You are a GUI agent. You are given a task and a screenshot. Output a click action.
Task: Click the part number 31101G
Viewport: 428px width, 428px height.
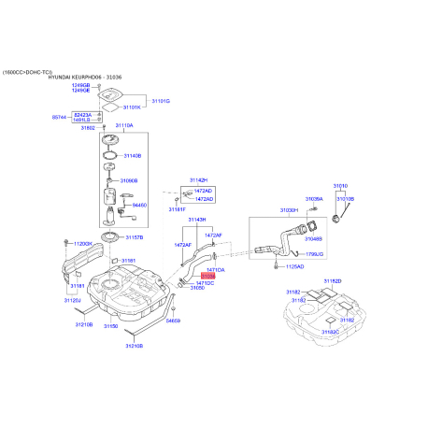pos(161,100)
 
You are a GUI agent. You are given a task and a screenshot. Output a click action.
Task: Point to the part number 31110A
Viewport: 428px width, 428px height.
pos(123,125)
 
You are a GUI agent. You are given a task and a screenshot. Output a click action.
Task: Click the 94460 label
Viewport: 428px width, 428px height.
pos(140,205)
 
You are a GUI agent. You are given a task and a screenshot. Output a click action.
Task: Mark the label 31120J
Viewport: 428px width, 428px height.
pos(72,301)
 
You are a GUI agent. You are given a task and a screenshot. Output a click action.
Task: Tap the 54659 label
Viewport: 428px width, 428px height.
pos(173,321)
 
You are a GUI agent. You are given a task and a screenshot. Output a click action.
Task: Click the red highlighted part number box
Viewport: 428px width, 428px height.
pos(207,277)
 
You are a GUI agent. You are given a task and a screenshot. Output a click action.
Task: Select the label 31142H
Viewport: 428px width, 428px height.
pos(197,178)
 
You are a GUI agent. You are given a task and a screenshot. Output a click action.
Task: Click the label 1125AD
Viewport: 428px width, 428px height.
pos(294,266)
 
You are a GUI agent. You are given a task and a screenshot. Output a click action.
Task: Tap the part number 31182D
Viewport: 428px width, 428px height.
pos(333,281)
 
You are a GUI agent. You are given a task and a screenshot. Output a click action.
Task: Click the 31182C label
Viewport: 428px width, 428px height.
pos(330,332)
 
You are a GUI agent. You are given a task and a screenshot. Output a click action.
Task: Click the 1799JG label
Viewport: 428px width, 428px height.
pos(314,253)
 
